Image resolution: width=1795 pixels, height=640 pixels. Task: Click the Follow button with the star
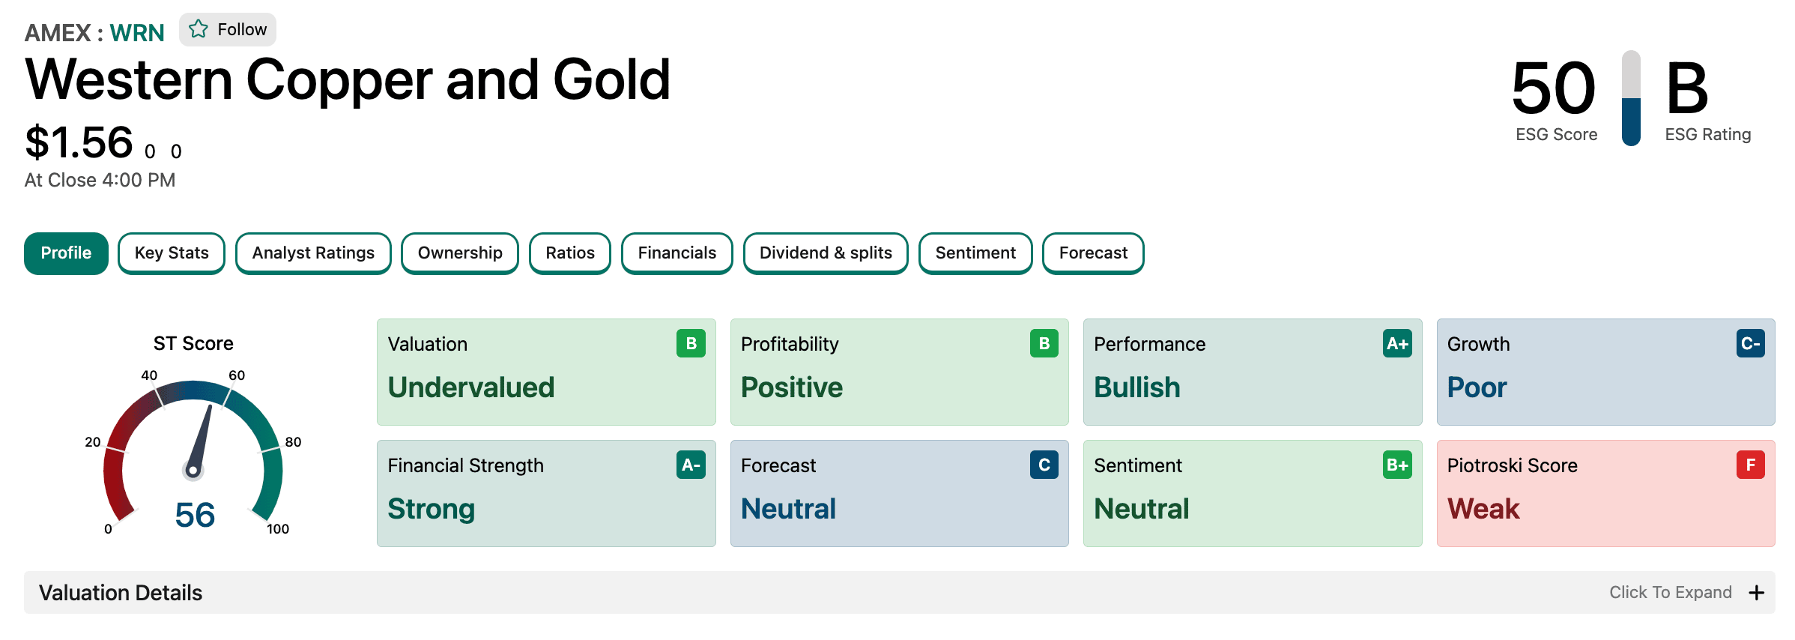click(228, 30)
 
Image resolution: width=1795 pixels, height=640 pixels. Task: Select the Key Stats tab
click(172, 253)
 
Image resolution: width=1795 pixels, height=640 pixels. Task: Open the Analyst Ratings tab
click(313, 253)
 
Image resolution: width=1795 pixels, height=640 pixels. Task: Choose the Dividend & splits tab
click(826, 253)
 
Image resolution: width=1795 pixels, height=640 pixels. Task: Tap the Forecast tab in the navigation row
click(1093, 253)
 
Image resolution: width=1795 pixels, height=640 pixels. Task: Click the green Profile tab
click(66, 253)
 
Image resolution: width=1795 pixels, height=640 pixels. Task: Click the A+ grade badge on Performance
click(1397, 344)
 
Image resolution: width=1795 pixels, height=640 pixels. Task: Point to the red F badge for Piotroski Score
click(1751, 465)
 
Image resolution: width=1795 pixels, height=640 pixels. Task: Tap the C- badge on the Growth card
click(1751, 344)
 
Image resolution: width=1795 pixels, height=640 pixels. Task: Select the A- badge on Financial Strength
click(691, 465)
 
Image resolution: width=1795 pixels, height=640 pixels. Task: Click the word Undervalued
click(471, 387)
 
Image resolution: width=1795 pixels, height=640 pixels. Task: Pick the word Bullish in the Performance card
click(1137, 387)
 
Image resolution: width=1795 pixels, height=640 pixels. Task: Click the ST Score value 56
click(195, 516)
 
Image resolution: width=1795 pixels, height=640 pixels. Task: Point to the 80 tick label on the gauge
click(293, 442)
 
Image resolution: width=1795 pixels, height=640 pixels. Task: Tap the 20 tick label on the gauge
click(93, 442)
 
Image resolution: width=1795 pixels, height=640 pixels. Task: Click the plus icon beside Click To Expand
click(1756, 593)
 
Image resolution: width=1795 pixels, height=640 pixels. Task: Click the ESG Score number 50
click(1554, 88)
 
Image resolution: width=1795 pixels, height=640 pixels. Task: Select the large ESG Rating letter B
click(1687, 88)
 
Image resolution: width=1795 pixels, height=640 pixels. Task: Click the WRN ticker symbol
click(137, 33)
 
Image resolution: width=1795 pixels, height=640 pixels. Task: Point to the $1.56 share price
click(79, 142)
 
